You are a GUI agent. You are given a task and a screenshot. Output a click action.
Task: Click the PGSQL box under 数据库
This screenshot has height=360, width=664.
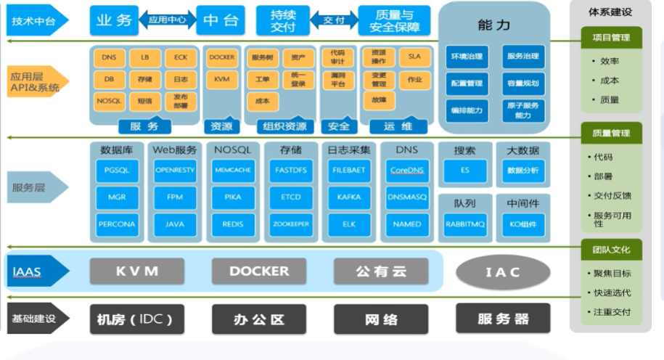tap(117, 170)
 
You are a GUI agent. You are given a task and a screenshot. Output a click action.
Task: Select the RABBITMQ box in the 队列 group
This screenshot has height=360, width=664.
tap(465, 225)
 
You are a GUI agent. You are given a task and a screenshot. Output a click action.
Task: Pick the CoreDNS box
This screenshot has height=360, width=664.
tap(407, 170)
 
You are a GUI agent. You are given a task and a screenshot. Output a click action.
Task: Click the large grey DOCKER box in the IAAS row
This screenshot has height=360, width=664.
tap(259, 271)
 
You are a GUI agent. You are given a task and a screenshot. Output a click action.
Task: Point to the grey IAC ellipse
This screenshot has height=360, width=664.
tap(503, 272)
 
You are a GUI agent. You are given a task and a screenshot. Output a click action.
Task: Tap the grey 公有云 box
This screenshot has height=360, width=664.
tap(381, 271)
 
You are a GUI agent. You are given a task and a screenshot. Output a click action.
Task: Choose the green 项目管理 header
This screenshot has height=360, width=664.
tap(611, 38)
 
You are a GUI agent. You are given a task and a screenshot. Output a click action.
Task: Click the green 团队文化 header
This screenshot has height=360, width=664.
tap(611, 250)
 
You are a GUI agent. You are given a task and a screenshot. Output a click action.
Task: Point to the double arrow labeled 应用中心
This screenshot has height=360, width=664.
tap(168, 20)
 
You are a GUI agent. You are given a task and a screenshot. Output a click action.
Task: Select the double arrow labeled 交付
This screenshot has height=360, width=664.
tap(334, 20)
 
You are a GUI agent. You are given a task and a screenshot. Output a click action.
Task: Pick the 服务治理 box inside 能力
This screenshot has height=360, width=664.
tap(523, 57)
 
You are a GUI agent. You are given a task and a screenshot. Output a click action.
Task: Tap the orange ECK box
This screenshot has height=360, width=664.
tap(181, 57)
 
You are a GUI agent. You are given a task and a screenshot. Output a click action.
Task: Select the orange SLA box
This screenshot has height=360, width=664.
tap(414, 57)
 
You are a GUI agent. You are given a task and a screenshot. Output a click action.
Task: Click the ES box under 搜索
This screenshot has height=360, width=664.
tap(465, 170)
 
